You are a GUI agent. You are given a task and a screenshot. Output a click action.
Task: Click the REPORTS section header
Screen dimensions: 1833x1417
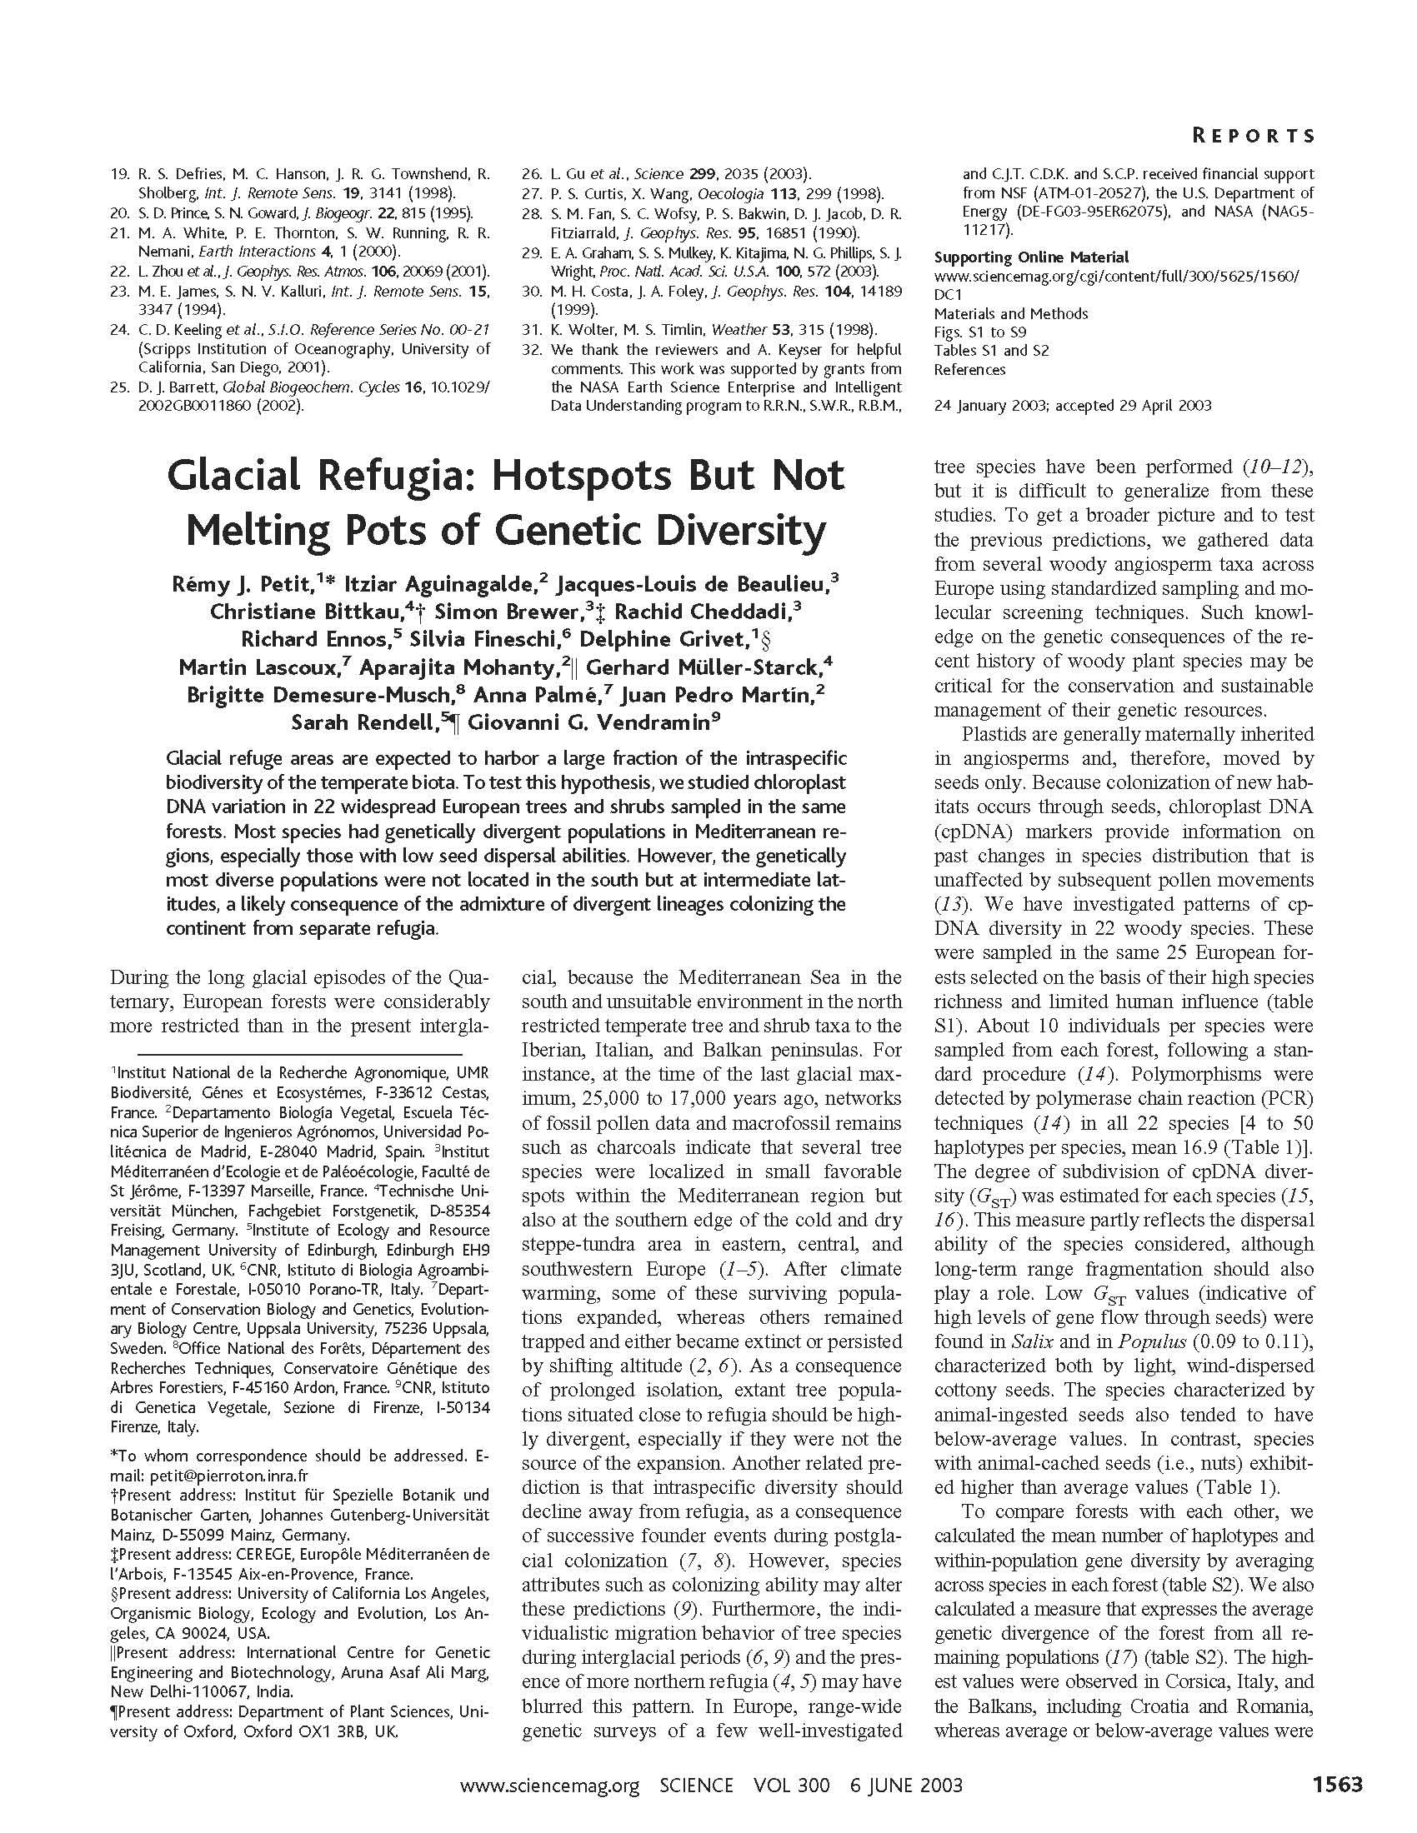[x=1254, y=136]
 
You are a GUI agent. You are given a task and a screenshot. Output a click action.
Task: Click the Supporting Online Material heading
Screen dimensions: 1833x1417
[x=1031, y=257]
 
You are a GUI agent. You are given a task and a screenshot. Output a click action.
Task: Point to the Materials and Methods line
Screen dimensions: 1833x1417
[x=1011, y=314]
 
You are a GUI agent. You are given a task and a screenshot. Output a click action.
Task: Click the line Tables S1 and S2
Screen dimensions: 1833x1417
[x=991, y=351]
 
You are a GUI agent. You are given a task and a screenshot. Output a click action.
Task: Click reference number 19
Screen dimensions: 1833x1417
[x=119, y=175]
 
